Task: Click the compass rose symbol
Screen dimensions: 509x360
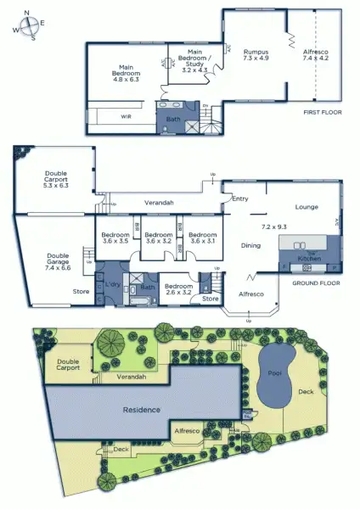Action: pos(29,25)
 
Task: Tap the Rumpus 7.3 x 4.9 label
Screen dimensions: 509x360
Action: pos(255,55)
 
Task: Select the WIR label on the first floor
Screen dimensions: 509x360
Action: pos(127,115)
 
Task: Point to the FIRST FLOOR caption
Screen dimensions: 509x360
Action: pos(321,111)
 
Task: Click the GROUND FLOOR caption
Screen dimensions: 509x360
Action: pos(316,284)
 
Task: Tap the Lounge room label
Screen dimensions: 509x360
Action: pos(307,206)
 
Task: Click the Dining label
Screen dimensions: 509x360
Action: pos(250,246)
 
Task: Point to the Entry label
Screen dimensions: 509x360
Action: pos(240,199)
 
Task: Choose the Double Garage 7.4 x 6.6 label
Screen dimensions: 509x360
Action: pos(58,260)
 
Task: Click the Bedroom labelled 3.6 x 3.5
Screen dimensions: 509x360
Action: pos(114,238)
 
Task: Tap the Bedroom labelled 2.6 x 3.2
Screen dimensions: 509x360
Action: pos(178,289)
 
